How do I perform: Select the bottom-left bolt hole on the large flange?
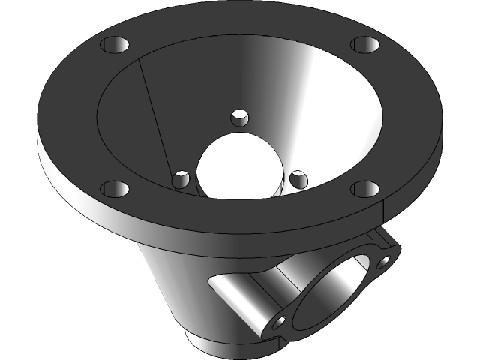click(111, 188)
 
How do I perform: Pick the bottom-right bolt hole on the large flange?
click(364, 189)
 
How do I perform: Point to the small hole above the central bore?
click(239, 118)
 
